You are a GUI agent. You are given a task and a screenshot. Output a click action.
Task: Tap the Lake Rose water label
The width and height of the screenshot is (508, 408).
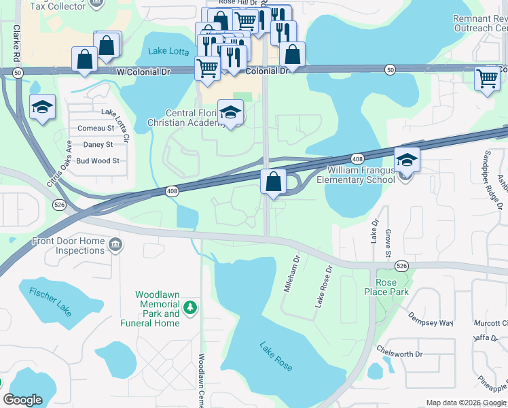point(275,356)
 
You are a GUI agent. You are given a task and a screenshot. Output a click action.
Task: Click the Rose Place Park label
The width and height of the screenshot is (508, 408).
point(386,287)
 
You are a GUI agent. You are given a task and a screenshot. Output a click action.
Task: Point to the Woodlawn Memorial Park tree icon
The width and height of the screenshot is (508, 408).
point(190,309)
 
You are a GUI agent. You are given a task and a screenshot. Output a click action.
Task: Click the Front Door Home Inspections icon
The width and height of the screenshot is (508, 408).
point(115,244)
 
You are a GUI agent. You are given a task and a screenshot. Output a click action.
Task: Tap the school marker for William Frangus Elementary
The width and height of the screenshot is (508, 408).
point(407,161)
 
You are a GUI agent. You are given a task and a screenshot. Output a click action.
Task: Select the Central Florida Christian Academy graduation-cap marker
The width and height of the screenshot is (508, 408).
point(230,112)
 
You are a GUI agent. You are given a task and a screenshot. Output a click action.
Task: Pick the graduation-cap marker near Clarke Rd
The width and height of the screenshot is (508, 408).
point(42,107)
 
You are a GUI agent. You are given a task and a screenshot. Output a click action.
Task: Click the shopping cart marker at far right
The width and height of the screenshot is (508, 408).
point(487,78)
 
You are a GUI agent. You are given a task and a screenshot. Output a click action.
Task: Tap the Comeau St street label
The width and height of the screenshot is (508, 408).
point(96,128)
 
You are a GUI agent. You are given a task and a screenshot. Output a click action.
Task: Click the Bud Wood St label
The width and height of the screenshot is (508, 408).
point(97,161)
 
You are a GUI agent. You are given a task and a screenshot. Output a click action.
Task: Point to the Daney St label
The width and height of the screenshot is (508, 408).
point(98,145)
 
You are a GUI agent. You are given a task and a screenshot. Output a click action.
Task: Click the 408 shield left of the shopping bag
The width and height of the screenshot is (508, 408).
point(173,192)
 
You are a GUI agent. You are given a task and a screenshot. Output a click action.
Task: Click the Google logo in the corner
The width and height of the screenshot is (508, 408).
point(22,400)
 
